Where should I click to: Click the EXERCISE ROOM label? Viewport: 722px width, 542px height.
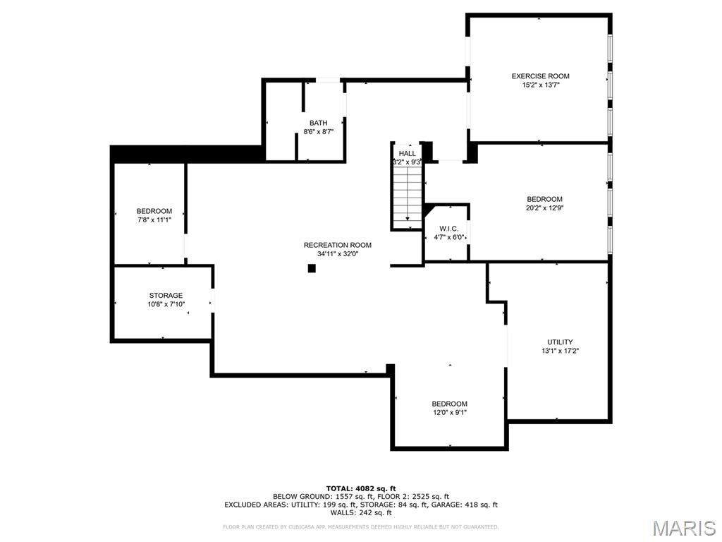point(540,76)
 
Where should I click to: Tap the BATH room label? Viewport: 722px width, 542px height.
point(318,123)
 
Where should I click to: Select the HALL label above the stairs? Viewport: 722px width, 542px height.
point(407,153)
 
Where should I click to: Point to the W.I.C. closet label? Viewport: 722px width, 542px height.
point(448,229)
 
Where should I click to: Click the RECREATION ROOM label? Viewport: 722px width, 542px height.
point(337,245)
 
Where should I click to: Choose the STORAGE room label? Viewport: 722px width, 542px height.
point(166,296)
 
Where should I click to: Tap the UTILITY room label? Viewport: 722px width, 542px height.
point(560,342)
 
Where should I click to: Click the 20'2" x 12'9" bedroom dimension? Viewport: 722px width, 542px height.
point(544,208)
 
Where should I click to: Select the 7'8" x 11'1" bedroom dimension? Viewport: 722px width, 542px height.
point(154,220)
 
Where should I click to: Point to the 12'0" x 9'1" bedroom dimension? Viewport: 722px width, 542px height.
point(449,413)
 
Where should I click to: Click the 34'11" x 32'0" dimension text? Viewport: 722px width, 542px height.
point(337,254)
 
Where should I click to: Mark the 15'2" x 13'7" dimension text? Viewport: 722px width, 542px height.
point(540,85)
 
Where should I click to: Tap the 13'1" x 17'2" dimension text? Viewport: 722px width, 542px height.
point(560,351)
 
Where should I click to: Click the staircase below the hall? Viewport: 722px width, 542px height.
point(407,198)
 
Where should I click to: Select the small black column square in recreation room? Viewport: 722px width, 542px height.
point(312,268)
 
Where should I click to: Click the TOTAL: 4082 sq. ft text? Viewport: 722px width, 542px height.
point(360,488)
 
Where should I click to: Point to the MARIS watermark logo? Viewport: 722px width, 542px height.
point(683,527)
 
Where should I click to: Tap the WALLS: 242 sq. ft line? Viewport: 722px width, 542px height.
point(360,513)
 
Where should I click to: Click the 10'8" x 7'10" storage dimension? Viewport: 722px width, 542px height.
point(166,304)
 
